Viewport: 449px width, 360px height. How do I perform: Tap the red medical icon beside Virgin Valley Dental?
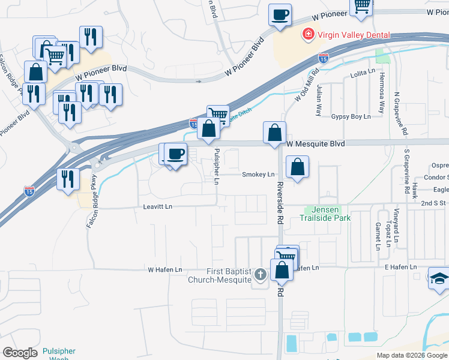pyautogui.click(x=309, y=34)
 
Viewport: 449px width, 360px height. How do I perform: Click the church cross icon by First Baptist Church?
pyautogui.click(x=260, y=275)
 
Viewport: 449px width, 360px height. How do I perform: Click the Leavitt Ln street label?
pyautogui.click(x=157, y=206)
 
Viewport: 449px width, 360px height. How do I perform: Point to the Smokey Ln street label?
pyautogui.click(x=258, y=175)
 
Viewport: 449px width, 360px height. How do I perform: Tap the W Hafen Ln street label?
pyautogui.click(x=164, y=270)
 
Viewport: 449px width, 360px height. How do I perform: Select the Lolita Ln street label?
pyautogui.click(x=363, y=77)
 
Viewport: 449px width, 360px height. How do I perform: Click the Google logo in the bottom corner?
pyautogui.click(x=20, y=353)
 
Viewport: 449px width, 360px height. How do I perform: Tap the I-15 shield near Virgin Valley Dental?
pyautogui.click(x=323, y=58)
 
